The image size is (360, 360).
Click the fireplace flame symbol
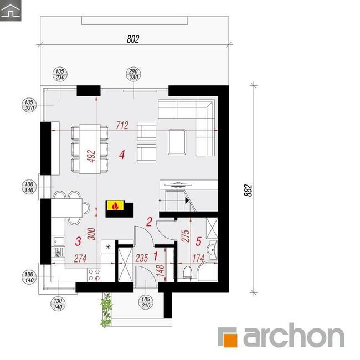pos(115,205)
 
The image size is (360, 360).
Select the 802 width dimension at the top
pos(133,39)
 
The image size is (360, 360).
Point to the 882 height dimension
pos(248,191)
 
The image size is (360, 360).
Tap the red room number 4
pos(122,155)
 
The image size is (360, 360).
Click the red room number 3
pos(78,241)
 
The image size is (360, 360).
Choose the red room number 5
pos(198,241)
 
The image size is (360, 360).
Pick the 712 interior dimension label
pos(122,125)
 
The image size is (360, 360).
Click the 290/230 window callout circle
pos(133,74)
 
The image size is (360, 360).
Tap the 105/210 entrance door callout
pos(146,302)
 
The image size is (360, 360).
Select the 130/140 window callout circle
pos(58,304)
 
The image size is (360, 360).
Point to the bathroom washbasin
pos(212,249)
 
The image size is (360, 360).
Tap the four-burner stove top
pos(94,275)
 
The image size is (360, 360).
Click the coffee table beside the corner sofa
pos(177,142)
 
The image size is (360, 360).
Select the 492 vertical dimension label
pos(91,156)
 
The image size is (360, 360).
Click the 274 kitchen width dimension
pos(80,259)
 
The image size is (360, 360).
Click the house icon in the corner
pos(11,11)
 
